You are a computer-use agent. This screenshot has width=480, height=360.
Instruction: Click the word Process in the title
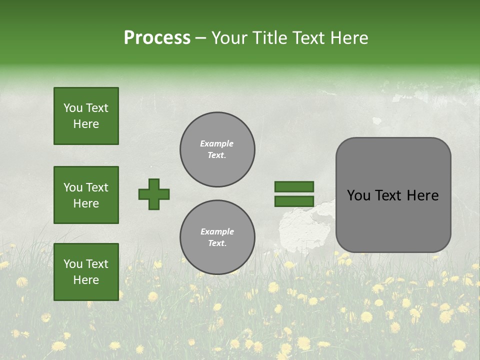click(x=157, y=38)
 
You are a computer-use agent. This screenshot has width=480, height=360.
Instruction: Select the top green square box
click(x=86, y=116)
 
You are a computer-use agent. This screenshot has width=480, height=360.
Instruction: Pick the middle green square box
click(x=86, y=195)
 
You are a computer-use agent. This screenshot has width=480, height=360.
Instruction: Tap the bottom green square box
click(x=86, y=272)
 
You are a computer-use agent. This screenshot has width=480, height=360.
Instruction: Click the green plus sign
click(x=154, y=194)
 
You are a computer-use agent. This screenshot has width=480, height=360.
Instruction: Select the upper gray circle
click(x=217, y=149)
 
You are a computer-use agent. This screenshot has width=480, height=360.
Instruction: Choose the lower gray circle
click(x=217, y=237)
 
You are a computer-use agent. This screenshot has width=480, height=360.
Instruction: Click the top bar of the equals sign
click(x=294, y=187)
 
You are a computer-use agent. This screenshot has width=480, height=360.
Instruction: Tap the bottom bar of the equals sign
click(x=294, y=201)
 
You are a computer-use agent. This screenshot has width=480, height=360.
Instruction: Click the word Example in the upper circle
click(x=217, y=144)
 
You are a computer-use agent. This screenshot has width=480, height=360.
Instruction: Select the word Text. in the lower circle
click(x=217, y=243)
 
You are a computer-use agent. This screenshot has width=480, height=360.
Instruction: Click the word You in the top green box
click(x=73, y=108)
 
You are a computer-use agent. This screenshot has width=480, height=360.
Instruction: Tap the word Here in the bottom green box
click(x=86, y=280)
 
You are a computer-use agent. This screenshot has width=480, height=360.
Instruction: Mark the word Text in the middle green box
click(x=97, y=187)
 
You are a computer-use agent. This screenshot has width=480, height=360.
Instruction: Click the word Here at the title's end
click(x=348, y=38)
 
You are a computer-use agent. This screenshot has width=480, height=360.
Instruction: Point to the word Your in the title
click(x=229, y=38)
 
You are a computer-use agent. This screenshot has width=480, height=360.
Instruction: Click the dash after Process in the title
click(x=200, y=38)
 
